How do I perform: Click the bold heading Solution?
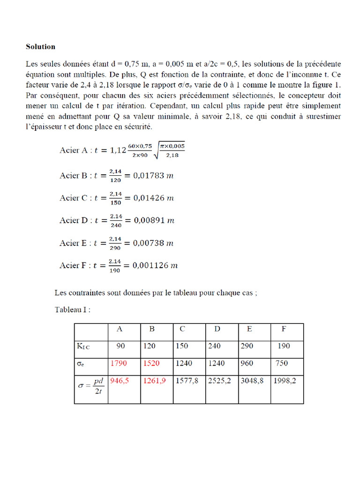tap(40, 47)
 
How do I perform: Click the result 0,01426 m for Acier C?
tap(154, 198)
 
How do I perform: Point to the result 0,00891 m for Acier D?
tap(154, 220)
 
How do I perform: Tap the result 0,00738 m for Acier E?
tap(154, 243)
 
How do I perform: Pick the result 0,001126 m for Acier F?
tap(156, 265)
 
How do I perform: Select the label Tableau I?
tap(73, 310)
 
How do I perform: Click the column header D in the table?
tap(217, 329)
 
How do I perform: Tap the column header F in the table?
tap(284, 329)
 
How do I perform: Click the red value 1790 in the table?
tap(119, 363)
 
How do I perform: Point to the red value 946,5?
tap(120, 381)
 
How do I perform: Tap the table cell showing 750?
tap(282, 363)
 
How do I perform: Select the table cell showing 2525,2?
tap(219, 381)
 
